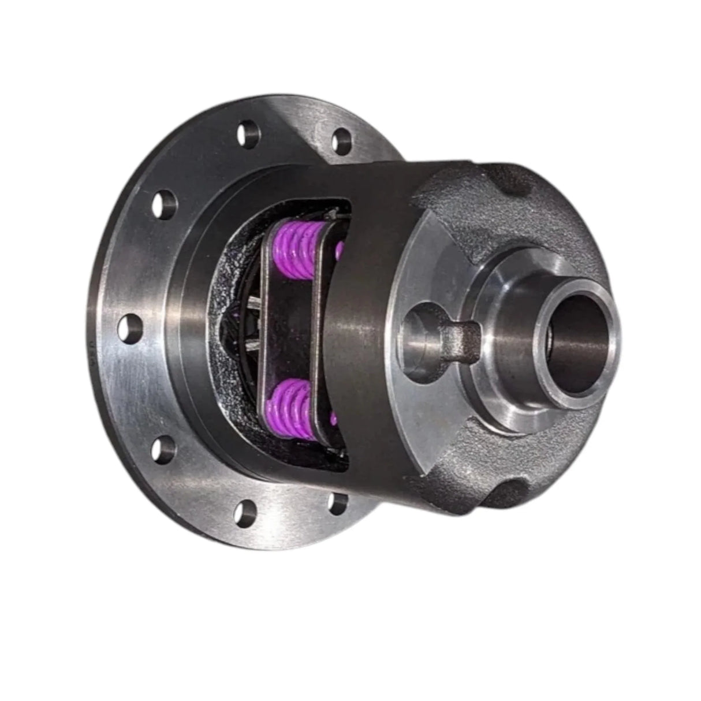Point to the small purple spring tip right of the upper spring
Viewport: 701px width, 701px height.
click(340, 249)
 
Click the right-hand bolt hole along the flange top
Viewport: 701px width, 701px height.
click(342, 137)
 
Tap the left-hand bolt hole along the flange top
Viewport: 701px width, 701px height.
click(247, 134)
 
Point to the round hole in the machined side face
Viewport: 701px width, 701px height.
click(420, 334)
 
